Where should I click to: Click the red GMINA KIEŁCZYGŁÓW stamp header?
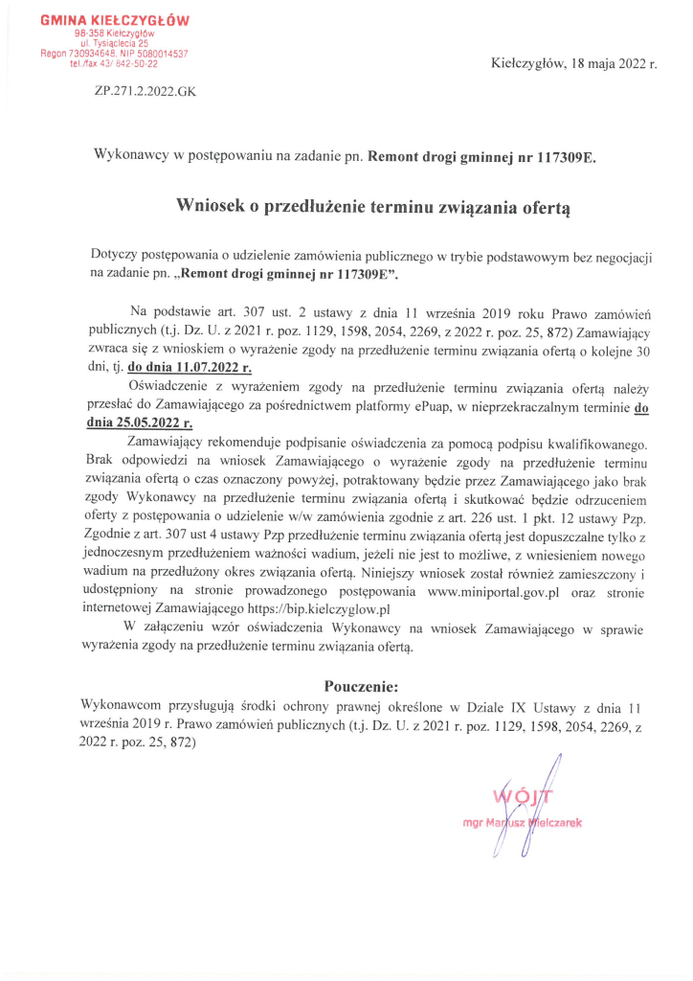point(115,19)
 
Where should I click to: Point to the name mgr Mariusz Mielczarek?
point(523,822)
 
